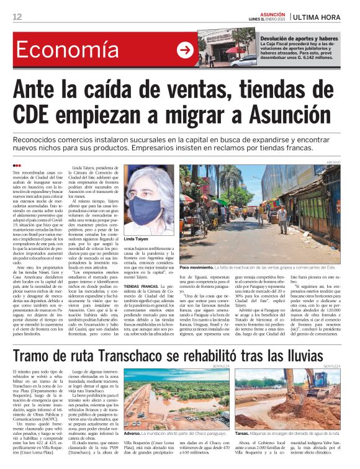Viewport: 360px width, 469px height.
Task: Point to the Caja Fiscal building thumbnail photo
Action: pos(227,47)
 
